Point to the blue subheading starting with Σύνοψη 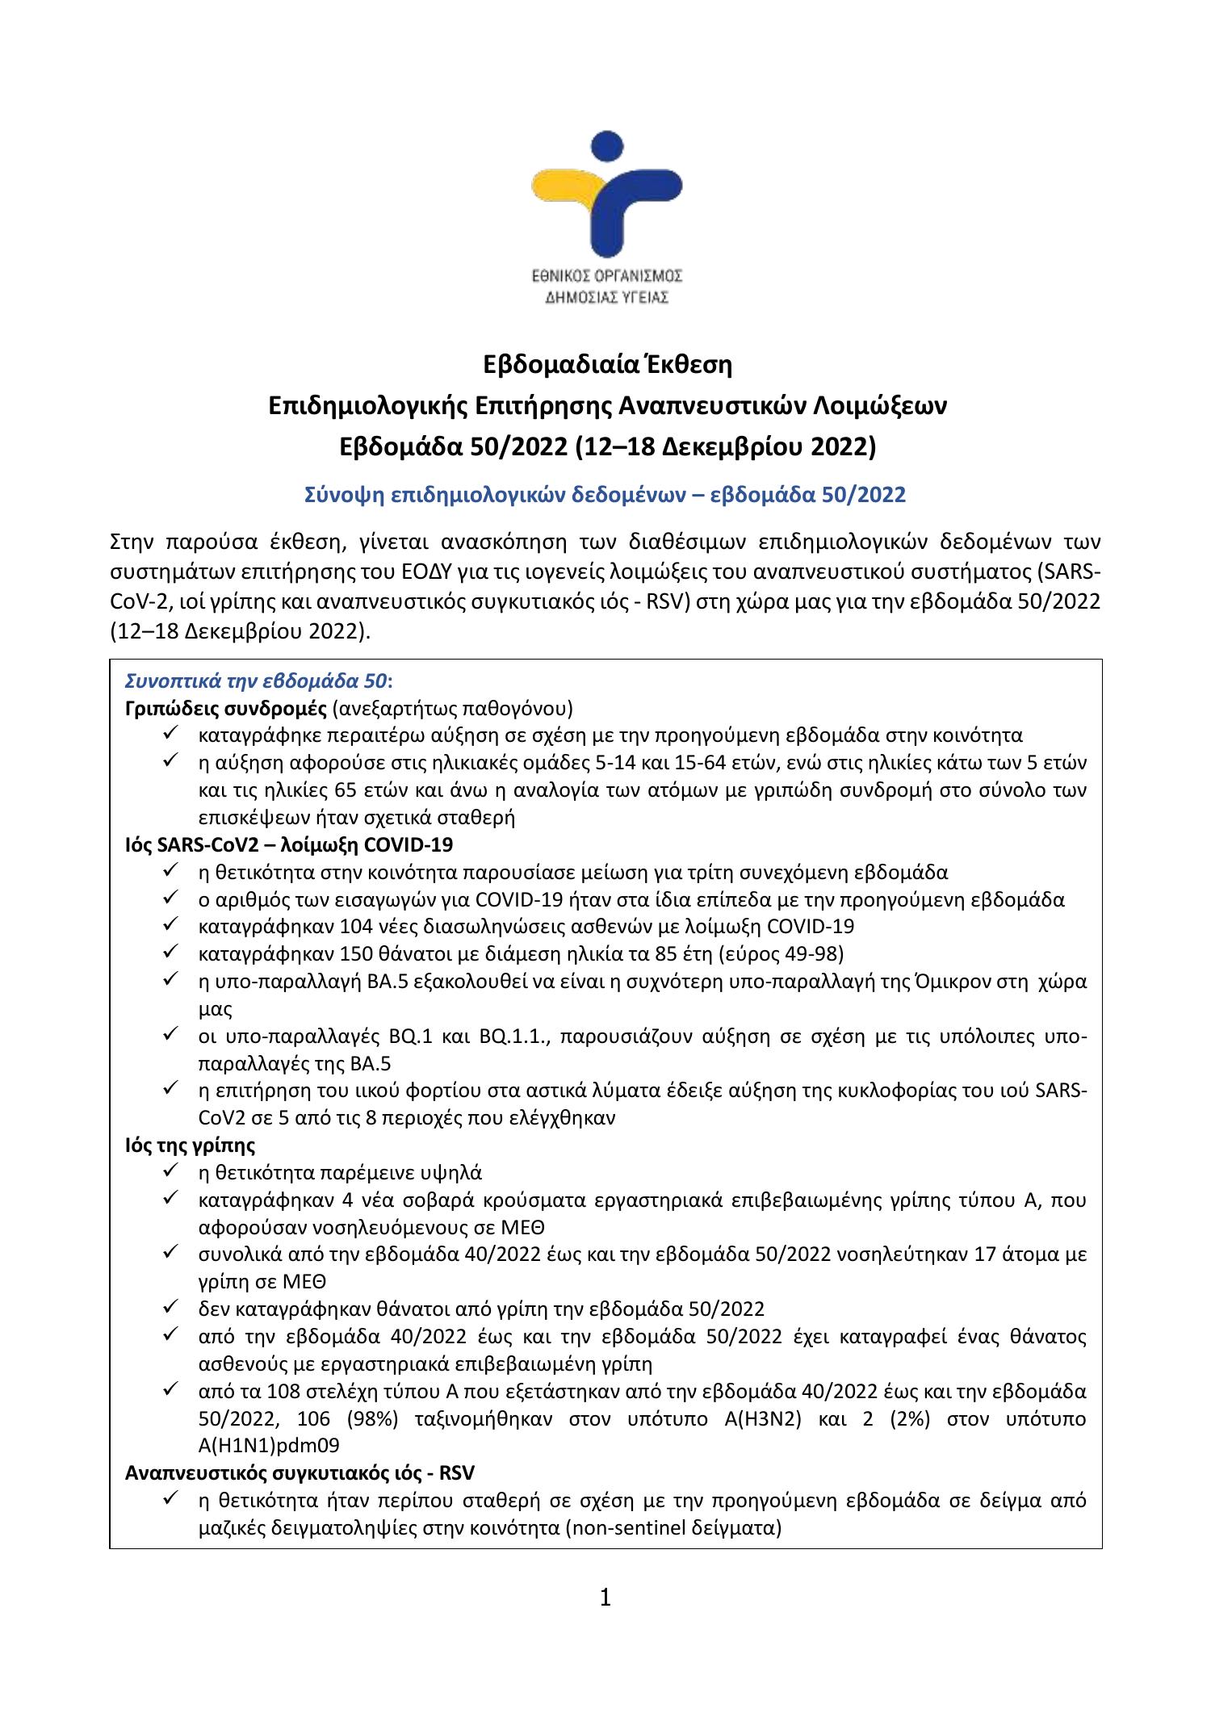coord(605,495)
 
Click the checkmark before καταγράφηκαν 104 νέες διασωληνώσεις coord(170,925)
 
